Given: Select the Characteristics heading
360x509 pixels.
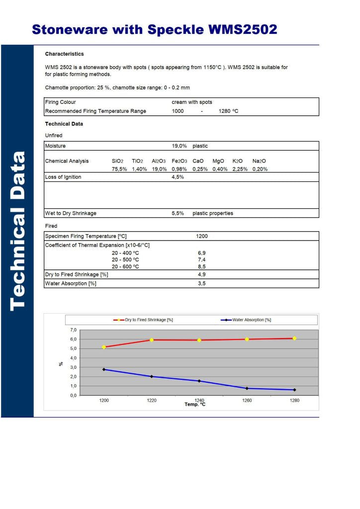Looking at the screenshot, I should [64, 54].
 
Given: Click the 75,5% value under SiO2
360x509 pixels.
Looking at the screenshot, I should [119, 169].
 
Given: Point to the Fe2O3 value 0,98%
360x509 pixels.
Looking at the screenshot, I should [179, 169].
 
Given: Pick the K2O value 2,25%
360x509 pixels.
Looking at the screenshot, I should [240, 169].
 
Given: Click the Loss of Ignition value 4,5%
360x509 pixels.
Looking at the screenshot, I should [178, 177].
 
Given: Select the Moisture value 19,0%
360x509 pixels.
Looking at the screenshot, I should [179, 146].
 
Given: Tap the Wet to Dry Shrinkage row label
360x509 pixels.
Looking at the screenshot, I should [71, 213].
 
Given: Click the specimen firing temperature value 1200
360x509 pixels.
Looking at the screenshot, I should [202, 237].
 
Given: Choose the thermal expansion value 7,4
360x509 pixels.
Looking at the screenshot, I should [202, 259].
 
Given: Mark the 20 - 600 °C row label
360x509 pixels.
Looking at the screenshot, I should [125, 266].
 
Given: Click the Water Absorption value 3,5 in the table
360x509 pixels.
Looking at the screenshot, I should [202, 283].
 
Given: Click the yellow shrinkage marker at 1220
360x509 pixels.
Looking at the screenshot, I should [151, 340].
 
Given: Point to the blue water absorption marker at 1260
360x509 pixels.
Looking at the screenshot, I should [247, 388].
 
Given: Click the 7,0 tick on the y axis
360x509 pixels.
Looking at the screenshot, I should [73, 330].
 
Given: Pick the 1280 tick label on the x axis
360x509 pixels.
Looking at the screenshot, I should [294, 401].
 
